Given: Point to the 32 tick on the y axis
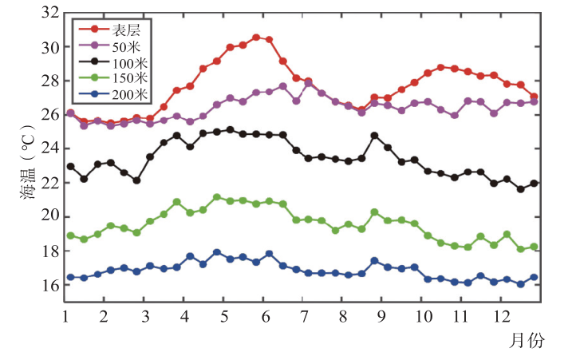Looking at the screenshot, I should pos(49,14).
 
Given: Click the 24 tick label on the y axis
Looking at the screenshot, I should pos(49,149).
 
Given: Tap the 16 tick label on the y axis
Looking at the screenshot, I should pos(49,285).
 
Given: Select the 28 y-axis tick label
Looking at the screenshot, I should pos(49,81).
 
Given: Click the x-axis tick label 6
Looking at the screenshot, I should pos(263,316).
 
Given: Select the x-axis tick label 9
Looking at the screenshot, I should pos(382,316).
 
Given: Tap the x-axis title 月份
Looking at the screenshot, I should pos(527,341).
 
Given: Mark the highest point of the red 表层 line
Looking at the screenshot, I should pos(256,38).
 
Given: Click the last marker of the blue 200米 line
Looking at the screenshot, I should pos(534,278).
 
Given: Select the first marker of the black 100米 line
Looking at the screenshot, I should pos(70,166).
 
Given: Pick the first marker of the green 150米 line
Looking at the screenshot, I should pos(70,235).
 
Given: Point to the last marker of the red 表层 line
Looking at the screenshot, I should pos(534,97).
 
